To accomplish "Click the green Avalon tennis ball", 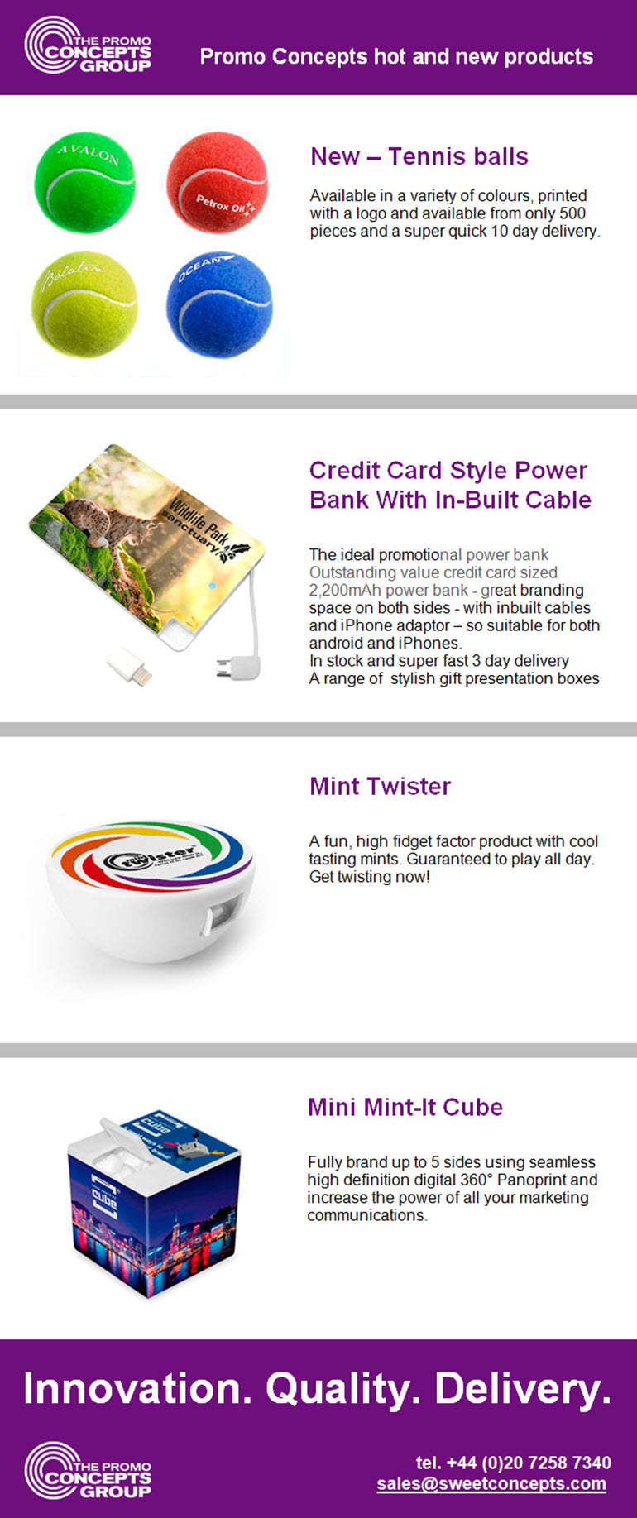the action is (84, 183).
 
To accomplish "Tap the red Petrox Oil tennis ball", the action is (217, 182).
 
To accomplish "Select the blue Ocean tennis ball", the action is (219, 305).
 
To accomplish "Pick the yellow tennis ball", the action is (84, 304).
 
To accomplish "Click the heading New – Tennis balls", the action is (419, 156).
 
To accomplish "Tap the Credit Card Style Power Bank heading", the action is (450, 485).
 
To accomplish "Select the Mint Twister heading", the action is (380, 786).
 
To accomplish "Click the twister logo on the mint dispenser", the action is (149, 856).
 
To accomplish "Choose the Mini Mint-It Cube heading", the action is (405, 1107).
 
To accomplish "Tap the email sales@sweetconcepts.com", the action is (491, 1483).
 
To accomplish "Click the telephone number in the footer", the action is (514, 1463).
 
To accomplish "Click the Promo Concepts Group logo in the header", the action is (88, 46).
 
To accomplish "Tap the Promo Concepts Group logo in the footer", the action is (88, 1471).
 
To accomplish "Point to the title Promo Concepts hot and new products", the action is (396, 56).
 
